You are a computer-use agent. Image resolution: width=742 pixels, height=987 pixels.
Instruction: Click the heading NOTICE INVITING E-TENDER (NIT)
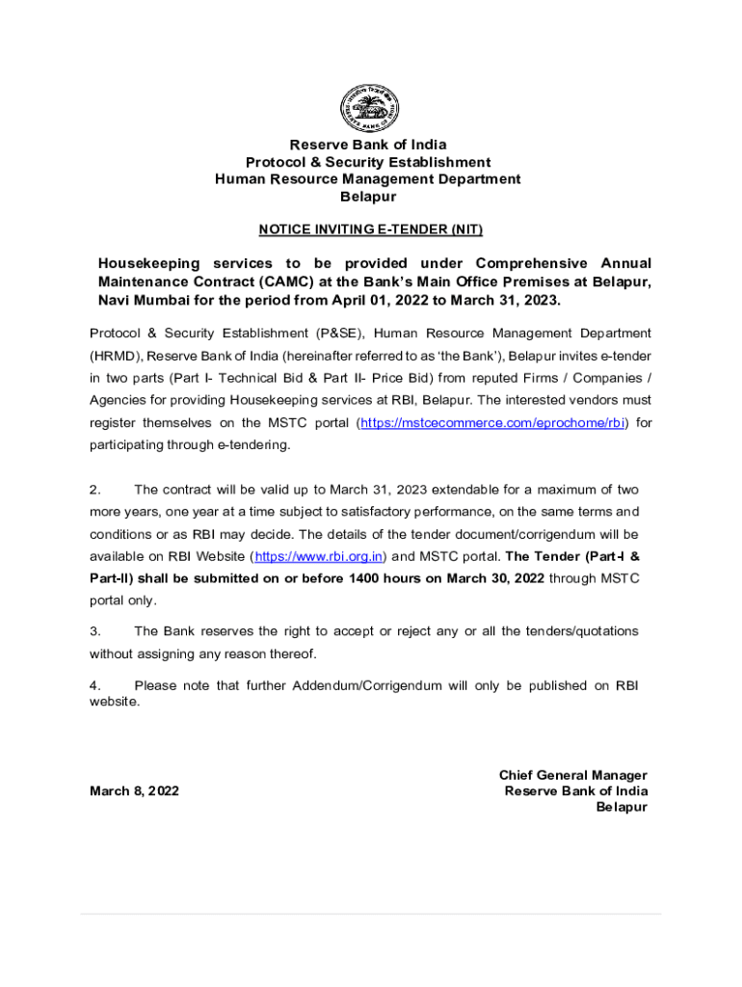click(370, 229)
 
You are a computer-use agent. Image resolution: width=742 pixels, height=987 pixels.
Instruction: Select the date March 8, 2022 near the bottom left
click(134, 791)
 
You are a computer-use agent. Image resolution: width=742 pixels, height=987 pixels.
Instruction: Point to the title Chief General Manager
click(572, 775)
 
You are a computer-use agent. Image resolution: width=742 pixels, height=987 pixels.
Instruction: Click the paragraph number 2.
click(95, 490)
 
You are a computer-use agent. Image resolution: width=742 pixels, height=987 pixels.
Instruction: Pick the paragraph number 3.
click(95, 631)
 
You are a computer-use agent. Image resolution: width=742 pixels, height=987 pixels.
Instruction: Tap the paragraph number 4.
click(95, 685)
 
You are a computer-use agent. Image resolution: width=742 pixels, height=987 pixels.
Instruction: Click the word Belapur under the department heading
click(368, 197)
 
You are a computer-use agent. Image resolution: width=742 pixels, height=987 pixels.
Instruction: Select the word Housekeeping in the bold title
click(149, 263)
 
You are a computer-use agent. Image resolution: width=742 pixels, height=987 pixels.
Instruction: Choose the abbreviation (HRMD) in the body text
click(116, 356)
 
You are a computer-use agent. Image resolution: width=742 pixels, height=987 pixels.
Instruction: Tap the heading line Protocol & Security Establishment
click(368, 162)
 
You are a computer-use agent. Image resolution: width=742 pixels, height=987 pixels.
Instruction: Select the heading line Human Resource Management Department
click(368, 179)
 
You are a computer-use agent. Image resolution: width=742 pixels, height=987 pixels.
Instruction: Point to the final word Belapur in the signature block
click(622, 808)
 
